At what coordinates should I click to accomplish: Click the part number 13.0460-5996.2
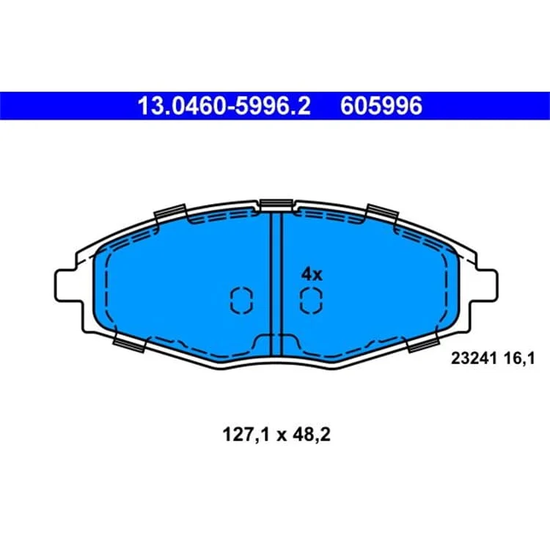[224, 106]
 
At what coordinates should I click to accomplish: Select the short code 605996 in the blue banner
[381, 106]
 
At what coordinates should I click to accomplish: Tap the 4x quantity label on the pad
[312, 274]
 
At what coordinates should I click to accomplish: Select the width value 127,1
[246, 436]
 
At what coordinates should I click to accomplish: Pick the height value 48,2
[312, 436]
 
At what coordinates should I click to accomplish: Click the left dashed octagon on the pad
[241, 300]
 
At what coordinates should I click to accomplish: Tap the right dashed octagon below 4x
[311, 300]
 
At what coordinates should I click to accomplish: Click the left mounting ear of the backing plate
[69, 285]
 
